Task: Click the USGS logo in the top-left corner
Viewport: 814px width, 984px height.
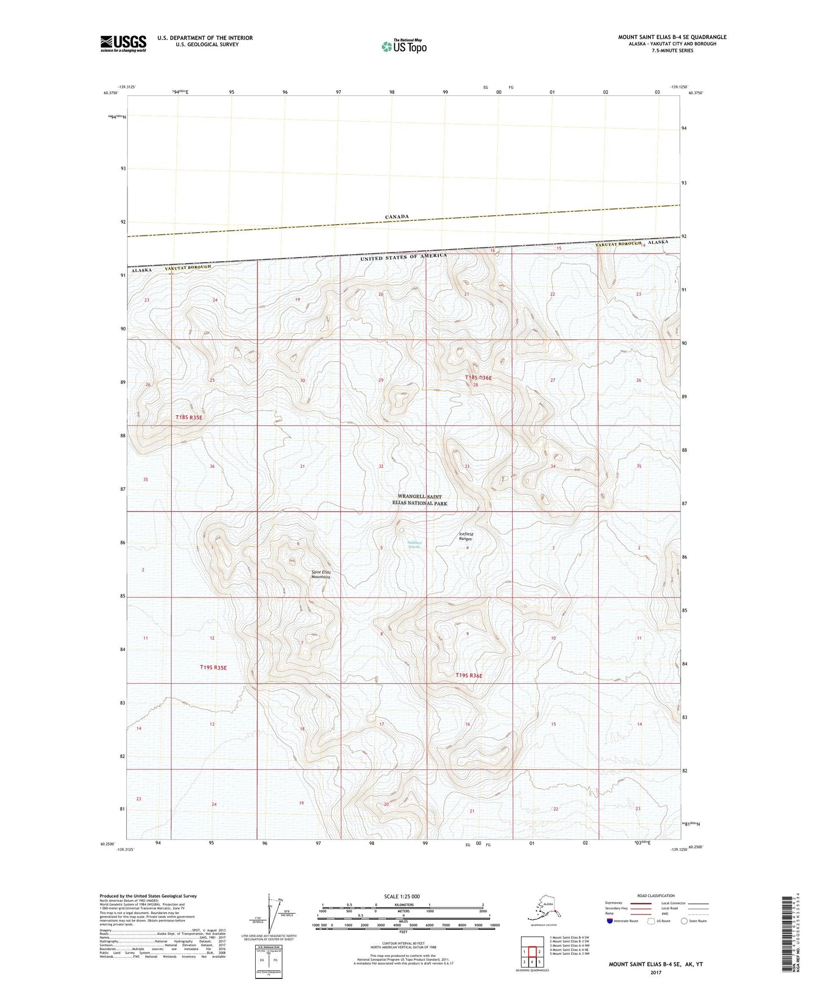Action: click(x=123, y=43)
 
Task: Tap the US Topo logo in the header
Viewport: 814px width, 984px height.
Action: click(x=403, y=46)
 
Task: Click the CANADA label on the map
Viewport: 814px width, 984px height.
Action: click(x=397, y=216)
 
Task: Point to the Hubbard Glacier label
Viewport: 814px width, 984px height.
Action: click(x=415, y=545)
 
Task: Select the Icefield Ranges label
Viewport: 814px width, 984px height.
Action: click(x=465, y=536)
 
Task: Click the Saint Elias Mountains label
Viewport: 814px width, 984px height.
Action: click(x=321, y=574)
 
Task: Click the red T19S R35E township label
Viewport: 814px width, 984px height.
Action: click(x=213, y=667)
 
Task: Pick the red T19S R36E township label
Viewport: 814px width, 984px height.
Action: click(x=469, y=675)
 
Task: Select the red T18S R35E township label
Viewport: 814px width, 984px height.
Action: click(x=189, y=417)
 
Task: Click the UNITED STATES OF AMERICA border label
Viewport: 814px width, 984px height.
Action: click(x=403, y=257)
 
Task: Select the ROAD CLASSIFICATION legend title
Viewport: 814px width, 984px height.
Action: click(x=656, y=896)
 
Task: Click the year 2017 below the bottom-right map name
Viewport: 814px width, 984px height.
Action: click(x=655, y=972)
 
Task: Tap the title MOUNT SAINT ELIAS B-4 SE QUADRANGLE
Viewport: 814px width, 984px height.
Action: click(x=672, y=37)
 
